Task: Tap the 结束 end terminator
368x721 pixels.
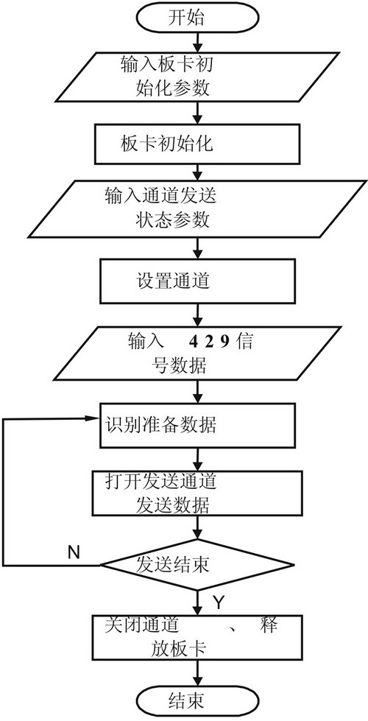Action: pos(198,701)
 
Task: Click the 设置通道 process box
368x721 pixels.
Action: pos(198,281)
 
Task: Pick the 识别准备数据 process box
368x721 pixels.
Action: pos(198,426)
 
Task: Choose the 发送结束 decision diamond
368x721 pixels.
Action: pos(197,565)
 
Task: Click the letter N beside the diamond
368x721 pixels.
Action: pos(74,552)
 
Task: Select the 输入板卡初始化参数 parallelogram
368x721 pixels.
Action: pos(198,76)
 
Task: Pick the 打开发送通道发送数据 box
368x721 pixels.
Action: pos(198,493)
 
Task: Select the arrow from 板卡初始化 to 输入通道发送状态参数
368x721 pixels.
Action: pos(198,172)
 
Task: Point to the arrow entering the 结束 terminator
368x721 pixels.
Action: pos(198,672)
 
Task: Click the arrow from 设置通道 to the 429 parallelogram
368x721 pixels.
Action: pos(198,315)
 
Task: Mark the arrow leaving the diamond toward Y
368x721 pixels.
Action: pos(198,602)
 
